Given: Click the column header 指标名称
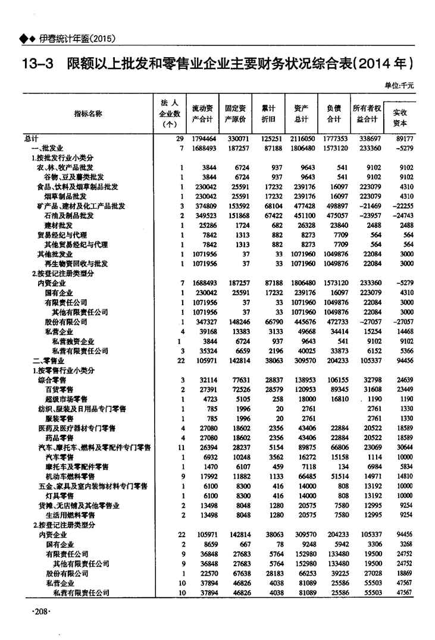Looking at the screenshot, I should click(x=87, y=113).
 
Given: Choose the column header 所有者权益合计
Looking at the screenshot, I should click(x=367, y=114).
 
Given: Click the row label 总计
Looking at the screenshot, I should click(x=32, y=138).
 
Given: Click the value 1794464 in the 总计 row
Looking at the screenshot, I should click(x=204, y=138).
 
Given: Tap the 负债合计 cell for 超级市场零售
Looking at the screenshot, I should click(x=337, y=399).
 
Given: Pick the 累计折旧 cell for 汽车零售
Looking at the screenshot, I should click(x=275, y=457).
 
